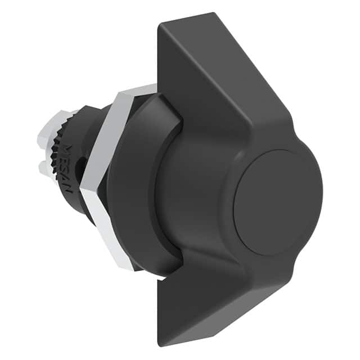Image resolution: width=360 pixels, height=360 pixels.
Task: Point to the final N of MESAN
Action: point(68,188)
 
